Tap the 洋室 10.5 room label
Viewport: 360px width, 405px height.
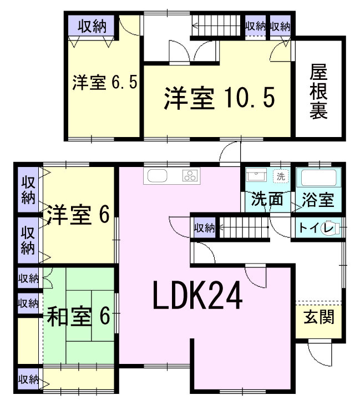pos(219,99)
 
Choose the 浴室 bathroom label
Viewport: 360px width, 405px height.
pos(318,199)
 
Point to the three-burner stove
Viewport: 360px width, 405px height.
pos(190,176)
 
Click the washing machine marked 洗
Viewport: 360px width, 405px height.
pos(281,176)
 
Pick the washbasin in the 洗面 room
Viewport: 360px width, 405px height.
pos(257,177)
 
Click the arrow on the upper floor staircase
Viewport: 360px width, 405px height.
pos(196,24)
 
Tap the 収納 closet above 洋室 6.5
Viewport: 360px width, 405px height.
pos(92,26)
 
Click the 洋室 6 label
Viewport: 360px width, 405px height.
pos(77,215)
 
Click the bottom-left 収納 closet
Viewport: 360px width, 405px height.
pos(28,379)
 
